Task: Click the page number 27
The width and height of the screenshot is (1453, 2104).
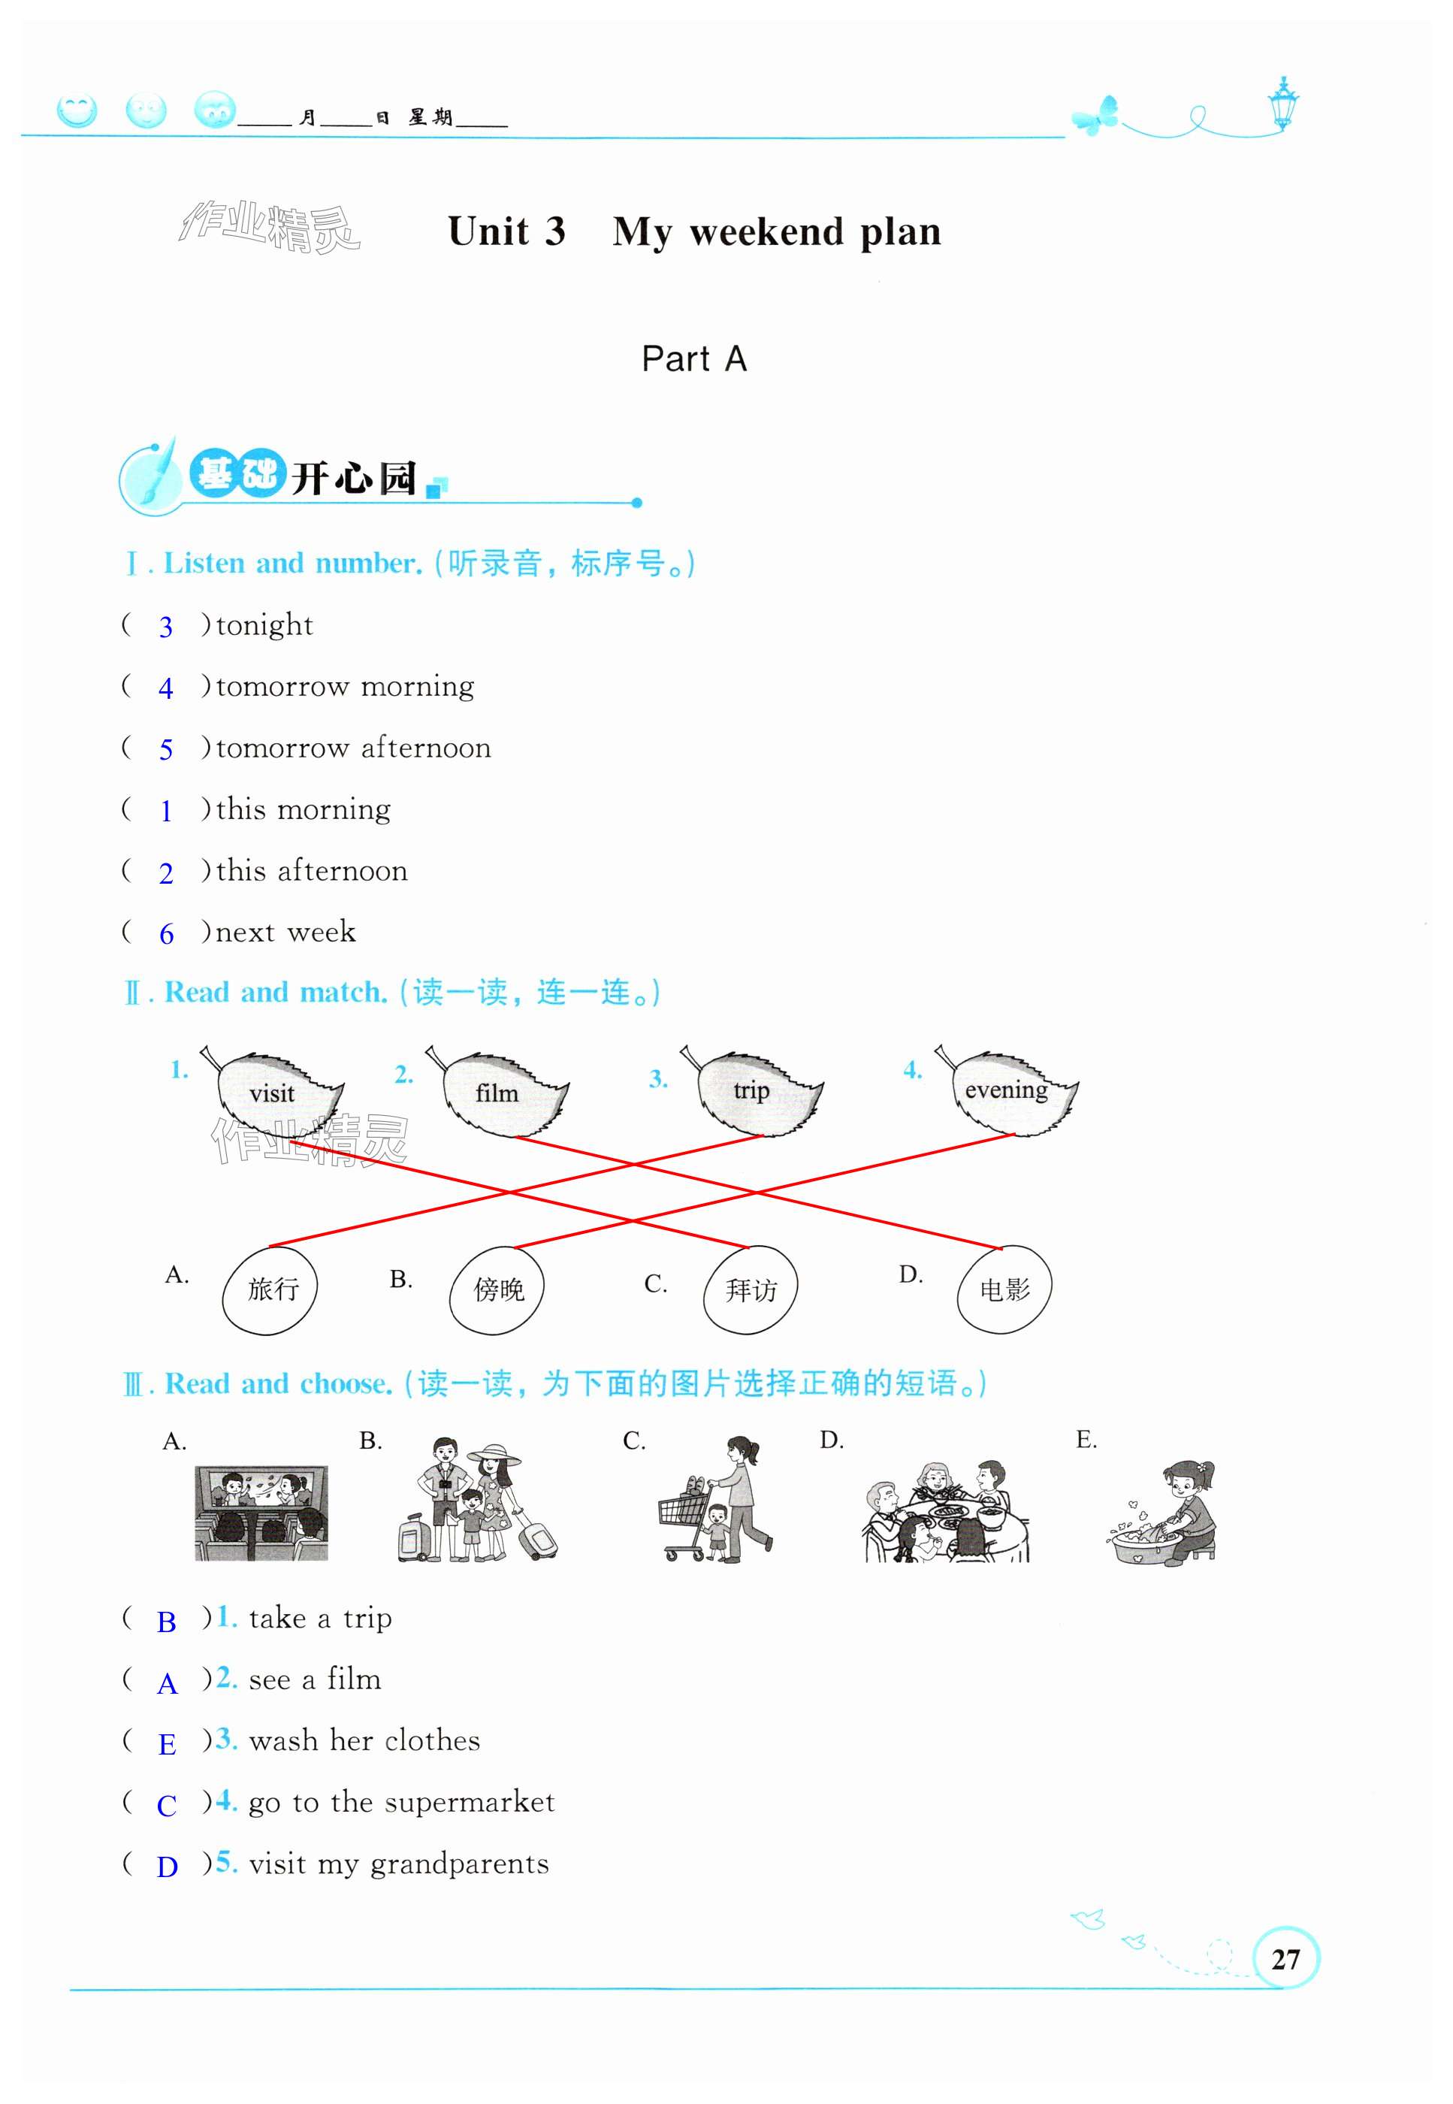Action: tap(1285, 1958)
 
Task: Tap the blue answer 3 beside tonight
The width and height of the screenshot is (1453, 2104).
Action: tap(166, 627)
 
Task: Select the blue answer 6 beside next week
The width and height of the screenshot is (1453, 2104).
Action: tap(167, 934)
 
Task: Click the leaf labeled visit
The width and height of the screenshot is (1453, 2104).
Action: tap(275, 1093)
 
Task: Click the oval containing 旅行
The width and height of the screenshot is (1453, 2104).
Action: tap(270, 1289)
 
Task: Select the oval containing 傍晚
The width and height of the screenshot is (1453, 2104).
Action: tap(497, 1290)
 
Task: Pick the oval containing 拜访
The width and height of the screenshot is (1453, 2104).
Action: tap(751, 1290)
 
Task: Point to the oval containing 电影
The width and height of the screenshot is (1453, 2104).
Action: tap(1004, 1289)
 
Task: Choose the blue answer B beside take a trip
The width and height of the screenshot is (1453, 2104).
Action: tap(167, 1622)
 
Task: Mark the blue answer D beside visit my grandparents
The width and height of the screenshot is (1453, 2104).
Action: tap(167, 1867)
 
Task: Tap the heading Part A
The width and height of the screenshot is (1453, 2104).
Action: tap(693, 358)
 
